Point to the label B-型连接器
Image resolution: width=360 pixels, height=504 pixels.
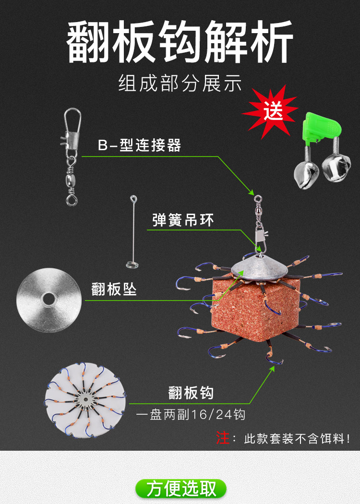[140, 146]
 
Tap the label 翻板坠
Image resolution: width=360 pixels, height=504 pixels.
[114, 290]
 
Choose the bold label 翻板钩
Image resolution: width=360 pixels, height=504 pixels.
[191, 393]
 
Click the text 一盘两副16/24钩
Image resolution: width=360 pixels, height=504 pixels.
[191, 414]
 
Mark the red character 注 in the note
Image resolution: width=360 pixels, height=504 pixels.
[223, 438]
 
